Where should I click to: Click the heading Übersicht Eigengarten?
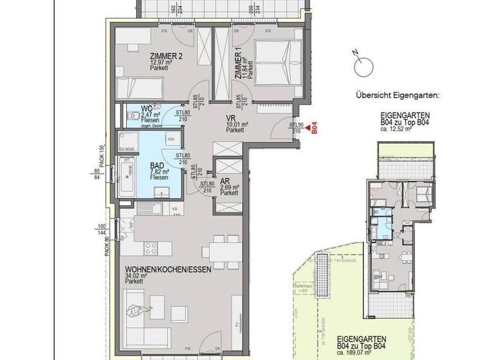coord(397,95)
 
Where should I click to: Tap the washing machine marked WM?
coord(170,138)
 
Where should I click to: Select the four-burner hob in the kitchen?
coord(151,248)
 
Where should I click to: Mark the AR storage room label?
coord(226,181)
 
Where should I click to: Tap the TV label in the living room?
coord(237,324)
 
